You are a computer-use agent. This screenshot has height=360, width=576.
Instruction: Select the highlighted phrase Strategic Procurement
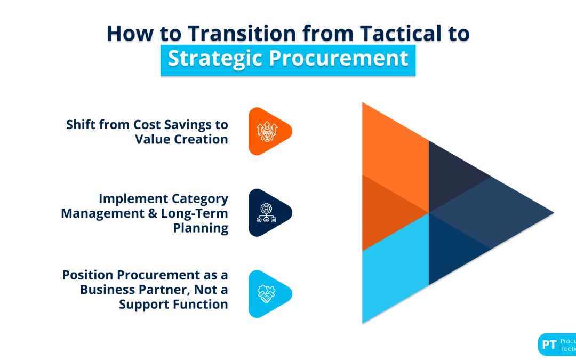point(288,58)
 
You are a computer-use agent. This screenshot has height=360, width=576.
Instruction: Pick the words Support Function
point(173,304)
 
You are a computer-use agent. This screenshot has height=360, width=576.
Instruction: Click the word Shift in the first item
point(82,125)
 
